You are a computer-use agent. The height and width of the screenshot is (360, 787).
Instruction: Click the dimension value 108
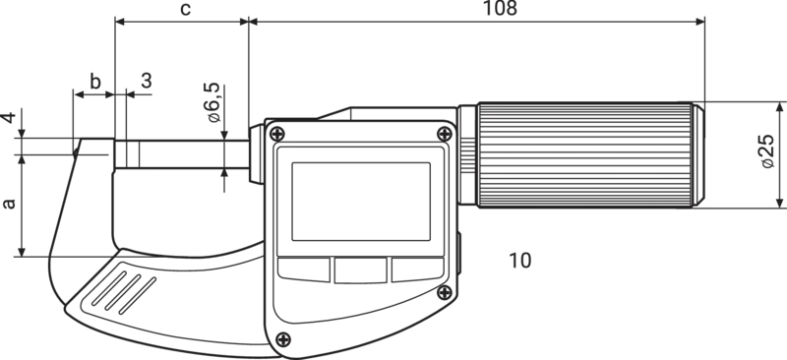click(x=500, y=8)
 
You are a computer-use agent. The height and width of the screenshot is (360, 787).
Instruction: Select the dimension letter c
click(x=185, y=9)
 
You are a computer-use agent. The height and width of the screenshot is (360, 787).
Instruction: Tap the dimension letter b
click(x=94, y=81)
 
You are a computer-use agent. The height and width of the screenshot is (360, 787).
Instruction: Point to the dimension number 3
click(x=146, y=81)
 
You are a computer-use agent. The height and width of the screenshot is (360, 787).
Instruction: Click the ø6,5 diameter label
click(x=212, y=102)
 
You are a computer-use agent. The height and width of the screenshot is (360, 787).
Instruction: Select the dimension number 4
click(x=9, y=118)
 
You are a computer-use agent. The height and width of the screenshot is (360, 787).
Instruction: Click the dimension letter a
click(x=9, y=204)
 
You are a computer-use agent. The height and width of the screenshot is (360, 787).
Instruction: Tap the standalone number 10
click(x=520, y=261)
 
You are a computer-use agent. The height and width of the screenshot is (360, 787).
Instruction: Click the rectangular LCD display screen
click(x=361, y=202)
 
